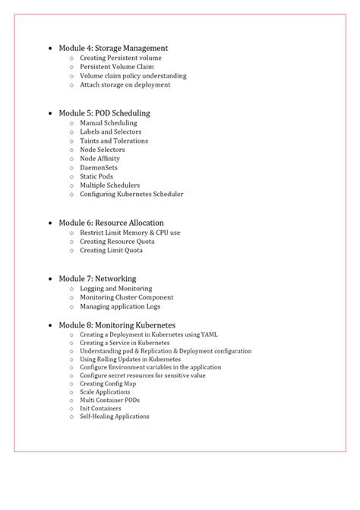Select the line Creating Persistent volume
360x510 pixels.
(x=121, y=58)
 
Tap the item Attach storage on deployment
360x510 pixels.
(x=125, y=85)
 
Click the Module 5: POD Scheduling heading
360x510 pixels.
(x=104, y=112)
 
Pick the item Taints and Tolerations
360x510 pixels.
(x=114, y=141)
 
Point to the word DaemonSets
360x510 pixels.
(x=99, y=167)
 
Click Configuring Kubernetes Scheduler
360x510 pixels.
(x=131, y=194)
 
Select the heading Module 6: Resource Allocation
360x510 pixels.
(x=110, y=222)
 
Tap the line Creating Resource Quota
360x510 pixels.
(x=117, y=241)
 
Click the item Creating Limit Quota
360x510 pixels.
(x=111, y=250)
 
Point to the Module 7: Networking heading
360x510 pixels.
(x=97, y=279)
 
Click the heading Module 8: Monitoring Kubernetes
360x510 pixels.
(x=113, y=325)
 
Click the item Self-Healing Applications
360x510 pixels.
(x=114, y=416)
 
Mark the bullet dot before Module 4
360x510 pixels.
(x=51, y=48)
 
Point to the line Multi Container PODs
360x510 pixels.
(x=109, y=399)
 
